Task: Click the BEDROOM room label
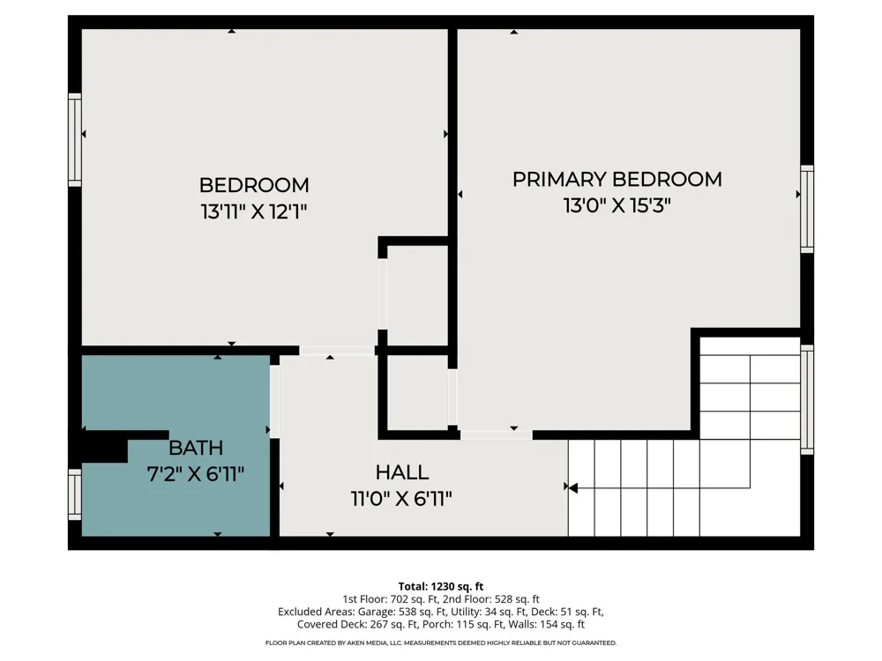(254, 185)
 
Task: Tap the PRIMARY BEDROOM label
(617, 179)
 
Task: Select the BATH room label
(196, 448)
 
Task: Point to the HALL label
(402, 472)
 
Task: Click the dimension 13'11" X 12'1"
(254, 212)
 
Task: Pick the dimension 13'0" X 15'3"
(617, 205)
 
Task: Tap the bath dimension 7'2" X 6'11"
(196, 474)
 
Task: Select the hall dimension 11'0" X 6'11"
(401, 499)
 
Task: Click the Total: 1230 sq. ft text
(441, 587)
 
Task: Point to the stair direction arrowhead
(572, 488)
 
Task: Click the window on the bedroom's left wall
(75, 140)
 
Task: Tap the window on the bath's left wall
(75, 494)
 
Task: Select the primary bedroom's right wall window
(807, 209)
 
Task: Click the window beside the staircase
(807, 399)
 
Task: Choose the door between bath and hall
(274, 402)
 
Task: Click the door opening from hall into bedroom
(336, 351)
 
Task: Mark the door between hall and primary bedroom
(496, 435)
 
